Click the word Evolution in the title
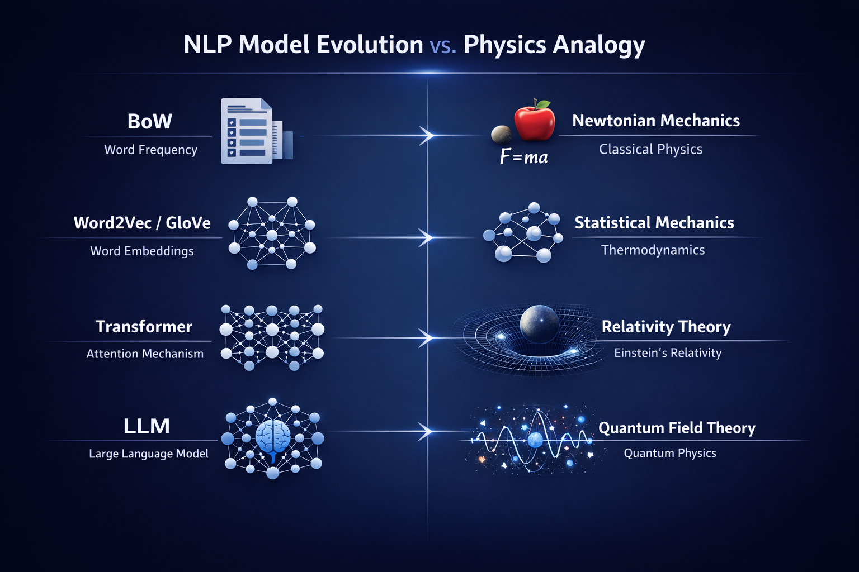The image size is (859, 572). pyautogui.click(x=369, y=45)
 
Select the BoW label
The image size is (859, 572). pyautogui.click(x=149, y=121)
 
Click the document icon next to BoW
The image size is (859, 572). pyautogui.click(x=257, y=131)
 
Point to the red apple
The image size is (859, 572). pyautogui.click(x=535, y=121)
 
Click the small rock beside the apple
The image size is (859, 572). pyautogui.click(x=501, y=135)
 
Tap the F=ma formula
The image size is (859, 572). pyautogui.click(x=524, y=157)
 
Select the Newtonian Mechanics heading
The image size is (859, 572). pyautogui.click(x=656, y=121)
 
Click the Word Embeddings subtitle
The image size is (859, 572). pyautogui.click(x=142, y=251)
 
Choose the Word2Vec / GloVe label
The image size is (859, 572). pyautogui.click(x=142, y=223)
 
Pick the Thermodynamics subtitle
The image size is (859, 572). pyautogui.click(x=653, y=250)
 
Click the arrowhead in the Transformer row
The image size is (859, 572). pyautogui.click(x=427, y=337)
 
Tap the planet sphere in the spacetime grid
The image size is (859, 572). pyautogui.click(x=539, y=324)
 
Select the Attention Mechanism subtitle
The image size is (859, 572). pyautogui.click(x=145, y=354)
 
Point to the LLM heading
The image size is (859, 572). pyautogui.click(x=147, y=426)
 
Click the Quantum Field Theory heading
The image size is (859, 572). pyautogui.click(x=677, y=428)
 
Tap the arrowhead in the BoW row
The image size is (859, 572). pyautogui.click(x=427, y=136)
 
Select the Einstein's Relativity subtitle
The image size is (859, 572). pyautogui.click(x=668, y=352)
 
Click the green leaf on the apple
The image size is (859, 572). pyautogui.click(x=543, y=104)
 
